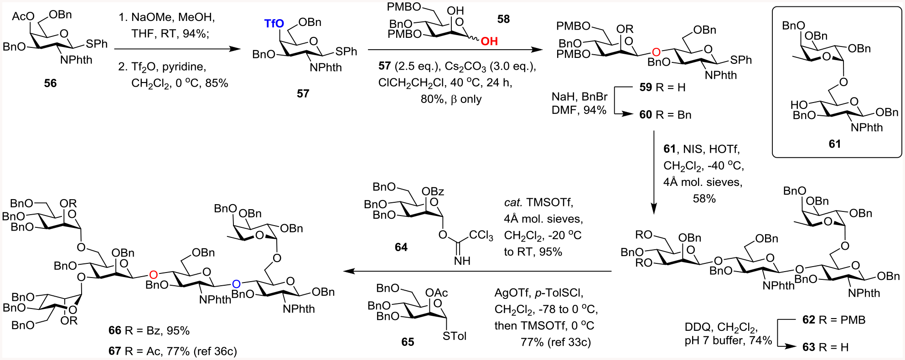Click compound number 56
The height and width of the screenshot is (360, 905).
click(x=50, y=83)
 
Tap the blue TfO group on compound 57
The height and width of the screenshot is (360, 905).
click(x=274, y=23)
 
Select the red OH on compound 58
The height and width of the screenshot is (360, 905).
click(x=489, y=41)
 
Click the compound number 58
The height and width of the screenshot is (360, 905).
click(x=503, y=19)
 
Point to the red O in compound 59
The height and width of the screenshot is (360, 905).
click(x=656, y=52)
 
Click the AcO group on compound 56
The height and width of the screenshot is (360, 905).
click(x=23, y=16)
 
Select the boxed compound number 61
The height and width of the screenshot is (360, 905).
click(x=834, y=144)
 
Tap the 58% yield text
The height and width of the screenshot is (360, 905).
click(x=704, y=199)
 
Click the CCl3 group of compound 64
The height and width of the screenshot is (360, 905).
click(x=481, y=235)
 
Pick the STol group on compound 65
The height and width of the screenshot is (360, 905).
click(x=455, y=336)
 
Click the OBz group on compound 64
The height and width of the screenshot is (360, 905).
click(x=433, y=191)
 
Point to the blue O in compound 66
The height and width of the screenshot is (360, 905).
click(x=236, y=284)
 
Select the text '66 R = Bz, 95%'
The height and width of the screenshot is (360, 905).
click(x=149, y=330)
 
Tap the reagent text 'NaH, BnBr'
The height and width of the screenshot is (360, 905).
click(x=579, y=97)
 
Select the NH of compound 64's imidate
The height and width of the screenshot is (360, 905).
click(x=462, y=261)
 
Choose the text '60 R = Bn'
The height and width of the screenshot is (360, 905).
click(x=665, y=115)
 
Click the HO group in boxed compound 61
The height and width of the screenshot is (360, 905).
click(x=799, y=105)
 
